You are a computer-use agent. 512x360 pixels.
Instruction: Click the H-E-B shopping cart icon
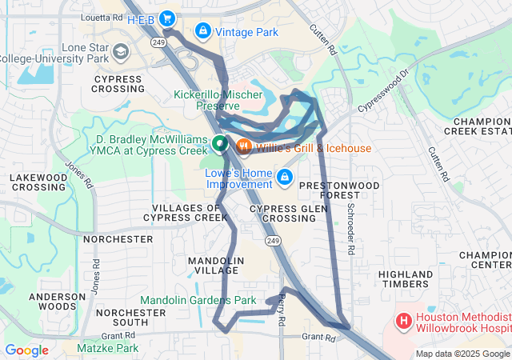tap(167, 18)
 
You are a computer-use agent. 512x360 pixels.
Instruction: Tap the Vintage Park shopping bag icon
tap(203, 32)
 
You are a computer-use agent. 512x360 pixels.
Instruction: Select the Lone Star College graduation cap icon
tap(120, 53)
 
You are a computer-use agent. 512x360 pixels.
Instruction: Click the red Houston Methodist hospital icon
tap(404, 322)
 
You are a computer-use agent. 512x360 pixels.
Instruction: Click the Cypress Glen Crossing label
tap(277, 213)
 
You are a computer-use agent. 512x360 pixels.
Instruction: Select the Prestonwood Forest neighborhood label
tap(339, 190)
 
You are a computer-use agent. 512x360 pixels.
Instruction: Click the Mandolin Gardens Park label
tap(198, 301)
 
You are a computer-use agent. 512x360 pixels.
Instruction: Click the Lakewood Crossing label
tap(38, 182)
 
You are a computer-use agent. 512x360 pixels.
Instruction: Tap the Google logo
tap(26, 350)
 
